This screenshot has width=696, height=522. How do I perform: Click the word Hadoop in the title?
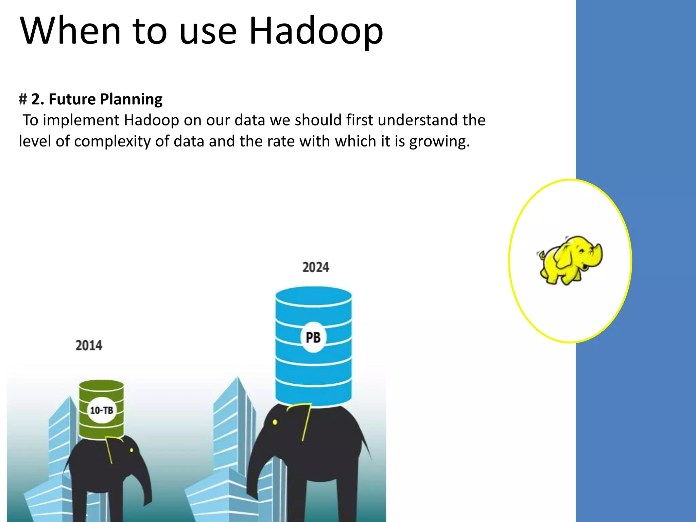pos(316,31)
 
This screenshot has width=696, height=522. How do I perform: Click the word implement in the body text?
pos(81,120)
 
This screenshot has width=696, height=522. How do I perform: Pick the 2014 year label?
pos(89,346)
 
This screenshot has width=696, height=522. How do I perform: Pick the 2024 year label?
pos(316,267)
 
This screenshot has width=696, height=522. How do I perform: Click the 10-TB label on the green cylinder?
pos(101,410)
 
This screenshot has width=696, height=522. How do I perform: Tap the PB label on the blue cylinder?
pos(313,337)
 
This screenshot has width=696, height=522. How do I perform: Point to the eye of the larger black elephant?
pos(275,422)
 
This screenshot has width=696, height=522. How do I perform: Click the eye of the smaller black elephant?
pos(132,450)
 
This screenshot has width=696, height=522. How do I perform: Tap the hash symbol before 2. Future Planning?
pos(23,99)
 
